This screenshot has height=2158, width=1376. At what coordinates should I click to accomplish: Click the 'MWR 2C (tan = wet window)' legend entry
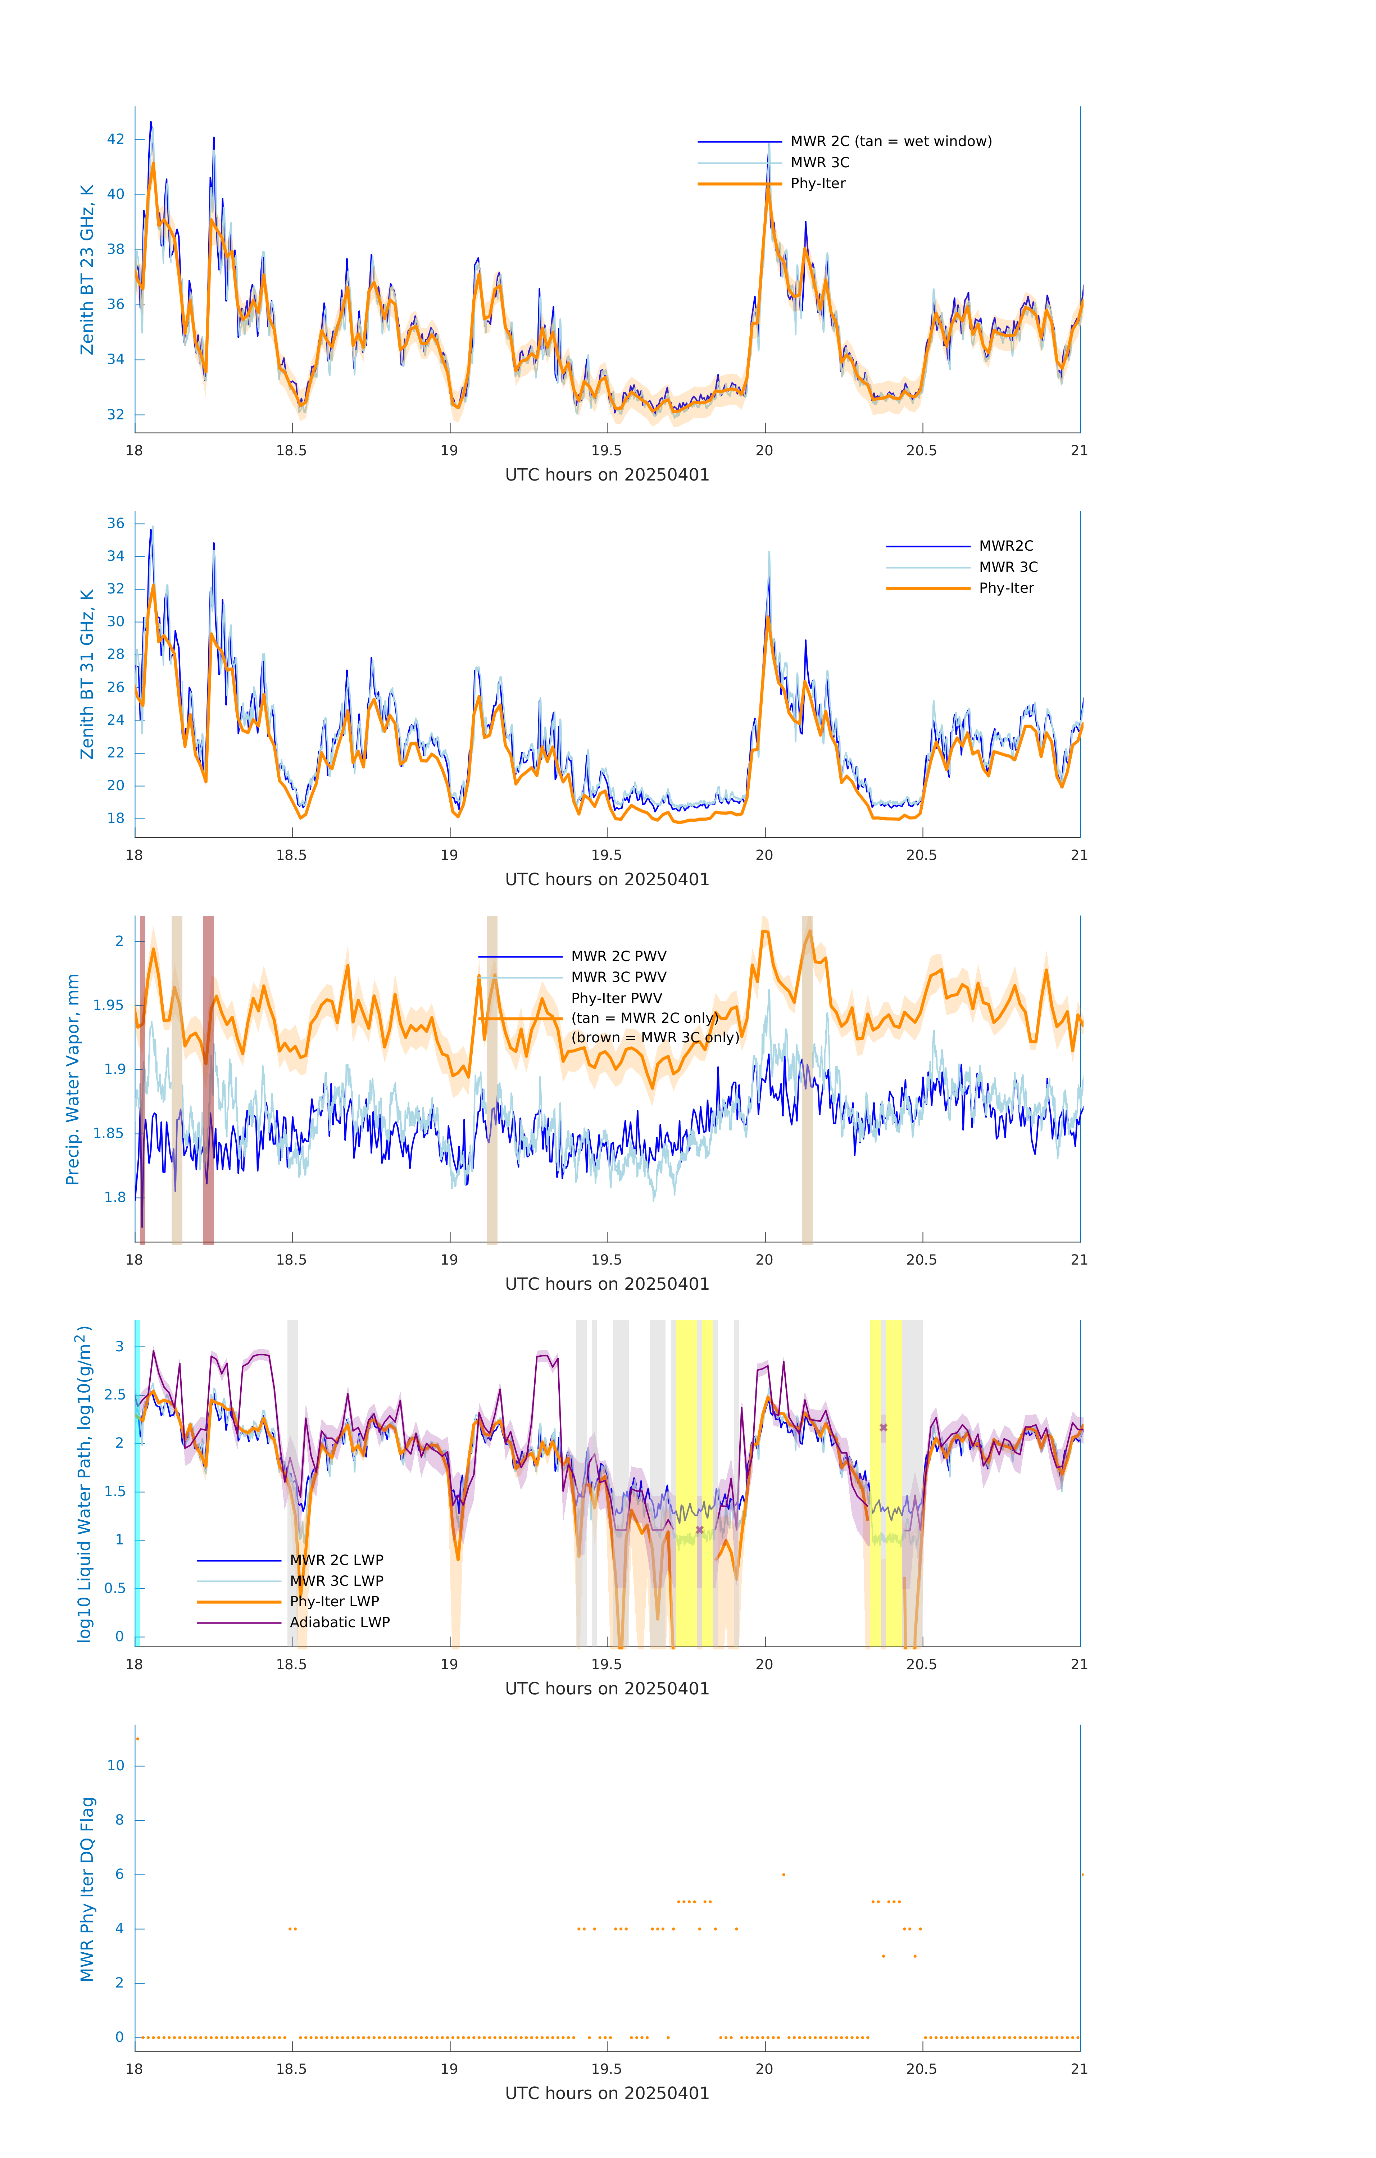click(890, 142)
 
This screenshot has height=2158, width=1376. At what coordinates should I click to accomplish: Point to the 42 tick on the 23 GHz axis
click(115, 139)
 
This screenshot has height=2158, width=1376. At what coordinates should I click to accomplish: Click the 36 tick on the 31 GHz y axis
click(115, 523)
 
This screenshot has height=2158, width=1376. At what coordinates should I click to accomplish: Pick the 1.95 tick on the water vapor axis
click(109, 1006)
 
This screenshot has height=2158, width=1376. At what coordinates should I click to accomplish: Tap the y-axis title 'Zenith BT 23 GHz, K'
click(87, 270)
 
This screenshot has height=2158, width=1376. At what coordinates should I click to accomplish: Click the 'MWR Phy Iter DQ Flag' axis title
click(87, 1889)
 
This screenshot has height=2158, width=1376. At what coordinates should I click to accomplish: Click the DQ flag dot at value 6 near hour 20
click(784, 1874)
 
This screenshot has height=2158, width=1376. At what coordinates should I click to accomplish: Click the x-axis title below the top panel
click(607, 475)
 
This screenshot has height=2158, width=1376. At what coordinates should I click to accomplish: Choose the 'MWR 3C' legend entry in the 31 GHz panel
click(1008, 567)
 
